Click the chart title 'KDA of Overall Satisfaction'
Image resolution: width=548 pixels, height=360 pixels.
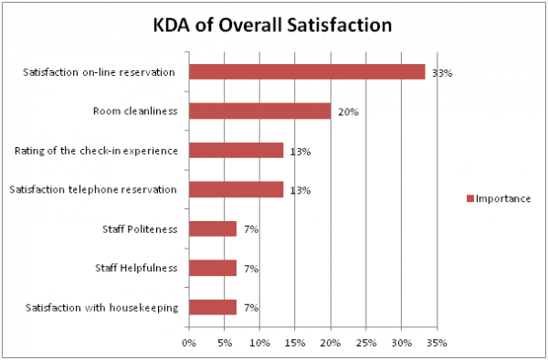pos(274,25)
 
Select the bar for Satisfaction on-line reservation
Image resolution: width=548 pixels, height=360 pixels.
pos(307,72)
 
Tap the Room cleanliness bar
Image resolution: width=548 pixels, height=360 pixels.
pos(259,111)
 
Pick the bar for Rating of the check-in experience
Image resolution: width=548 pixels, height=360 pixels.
pos(236,151)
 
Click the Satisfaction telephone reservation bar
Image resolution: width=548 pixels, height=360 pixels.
pos(236,190)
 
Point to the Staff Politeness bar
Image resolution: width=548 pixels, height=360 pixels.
pos(213,229)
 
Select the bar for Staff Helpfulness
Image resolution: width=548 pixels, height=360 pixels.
pos(213,269)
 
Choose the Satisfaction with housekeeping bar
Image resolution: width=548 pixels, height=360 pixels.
pos(213,307)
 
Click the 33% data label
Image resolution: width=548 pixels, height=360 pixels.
pos(443,73)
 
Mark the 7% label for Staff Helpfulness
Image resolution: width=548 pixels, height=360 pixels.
pos(250,269)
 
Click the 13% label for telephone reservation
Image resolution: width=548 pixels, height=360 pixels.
pos(300,190)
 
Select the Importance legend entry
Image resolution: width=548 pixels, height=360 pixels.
pos(498,197)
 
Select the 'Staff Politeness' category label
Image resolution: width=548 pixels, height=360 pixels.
pos(143,229)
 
